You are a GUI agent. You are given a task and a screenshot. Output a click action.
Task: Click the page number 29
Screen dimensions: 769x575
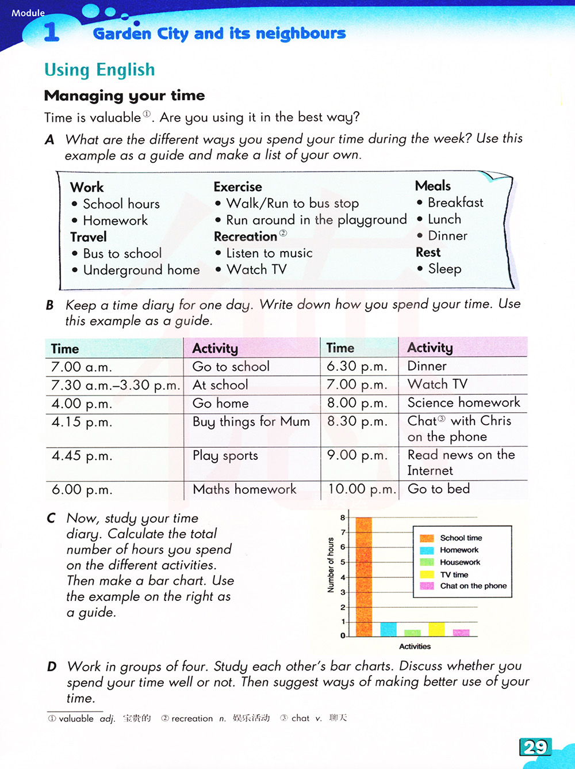tap(535, 747)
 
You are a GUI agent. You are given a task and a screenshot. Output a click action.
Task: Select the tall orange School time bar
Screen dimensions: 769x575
tap(363, 576)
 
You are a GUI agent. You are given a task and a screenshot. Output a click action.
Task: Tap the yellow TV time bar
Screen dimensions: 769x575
tap(436, 629)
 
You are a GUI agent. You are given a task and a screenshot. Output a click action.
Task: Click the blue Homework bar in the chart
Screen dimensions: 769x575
tap(388, 629)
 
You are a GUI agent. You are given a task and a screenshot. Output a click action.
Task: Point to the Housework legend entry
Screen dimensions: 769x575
tap(459, 562)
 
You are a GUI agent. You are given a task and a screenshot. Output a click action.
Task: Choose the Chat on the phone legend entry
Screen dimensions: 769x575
tap(473, 586)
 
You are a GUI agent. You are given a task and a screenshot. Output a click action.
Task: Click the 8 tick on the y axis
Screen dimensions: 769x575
tap(343, 517)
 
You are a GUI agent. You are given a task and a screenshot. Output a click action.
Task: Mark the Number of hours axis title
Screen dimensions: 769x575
tap(331, 565)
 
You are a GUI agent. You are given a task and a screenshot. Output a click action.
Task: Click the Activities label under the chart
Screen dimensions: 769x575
tap(415, 646)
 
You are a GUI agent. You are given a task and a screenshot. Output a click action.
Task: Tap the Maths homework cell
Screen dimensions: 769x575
tap(244, 489)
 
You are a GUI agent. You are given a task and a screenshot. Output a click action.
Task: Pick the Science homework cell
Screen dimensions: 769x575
tap(463, 402)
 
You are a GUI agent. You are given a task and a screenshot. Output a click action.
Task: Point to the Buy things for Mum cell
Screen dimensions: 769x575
tap(251, 422)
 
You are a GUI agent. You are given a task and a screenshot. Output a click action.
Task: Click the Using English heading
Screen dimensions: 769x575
tap(99, 70)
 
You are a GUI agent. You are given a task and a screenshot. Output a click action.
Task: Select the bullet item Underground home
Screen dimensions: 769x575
tap(141, 270)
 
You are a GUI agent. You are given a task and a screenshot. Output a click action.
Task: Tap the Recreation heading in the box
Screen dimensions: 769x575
tap(246, 237)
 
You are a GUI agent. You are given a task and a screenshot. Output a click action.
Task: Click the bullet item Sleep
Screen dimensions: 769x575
tap(444, 269)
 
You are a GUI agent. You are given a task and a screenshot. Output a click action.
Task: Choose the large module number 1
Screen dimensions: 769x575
tap(51, 32)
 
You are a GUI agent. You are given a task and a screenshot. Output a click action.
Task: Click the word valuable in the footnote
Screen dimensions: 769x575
tap(76, 718)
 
